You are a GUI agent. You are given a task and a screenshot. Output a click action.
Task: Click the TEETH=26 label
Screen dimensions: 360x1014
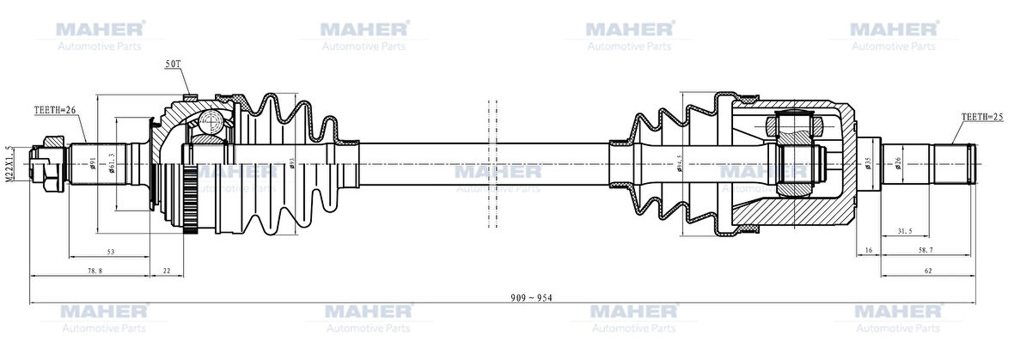56,110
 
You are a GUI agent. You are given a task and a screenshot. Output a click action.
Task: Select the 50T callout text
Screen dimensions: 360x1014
173,64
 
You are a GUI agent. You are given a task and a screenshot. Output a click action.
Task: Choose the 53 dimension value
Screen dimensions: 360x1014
112,251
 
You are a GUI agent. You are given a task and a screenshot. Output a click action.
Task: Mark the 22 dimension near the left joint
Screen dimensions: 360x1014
167,270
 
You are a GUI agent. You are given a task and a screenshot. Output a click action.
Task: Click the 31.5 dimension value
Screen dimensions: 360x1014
903,230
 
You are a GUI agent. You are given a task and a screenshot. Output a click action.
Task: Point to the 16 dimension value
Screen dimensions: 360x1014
869,250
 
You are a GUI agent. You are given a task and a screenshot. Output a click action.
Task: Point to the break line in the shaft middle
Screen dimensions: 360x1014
493,163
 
